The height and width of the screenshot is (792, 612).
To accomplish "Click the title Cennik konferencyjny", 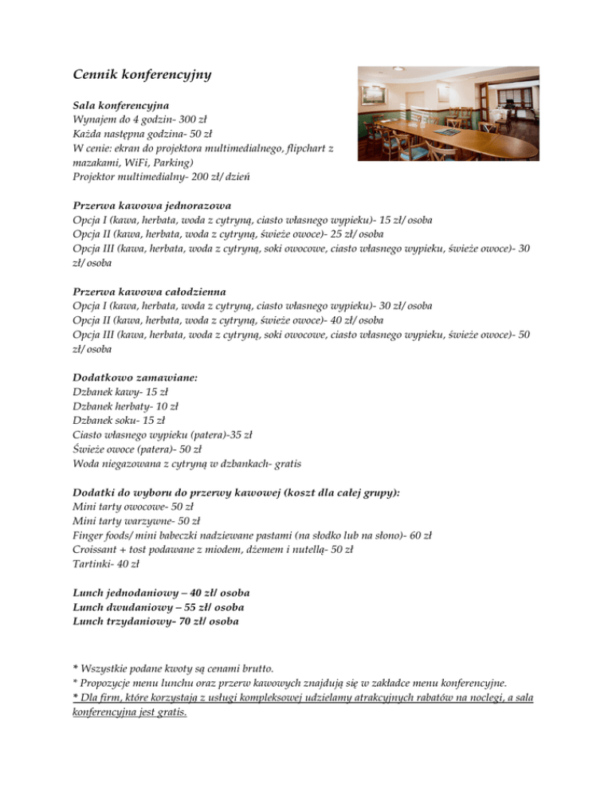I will coord(141,76).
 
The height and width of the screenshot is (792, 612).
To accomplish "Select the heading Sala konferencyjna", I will coord(121,105).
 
